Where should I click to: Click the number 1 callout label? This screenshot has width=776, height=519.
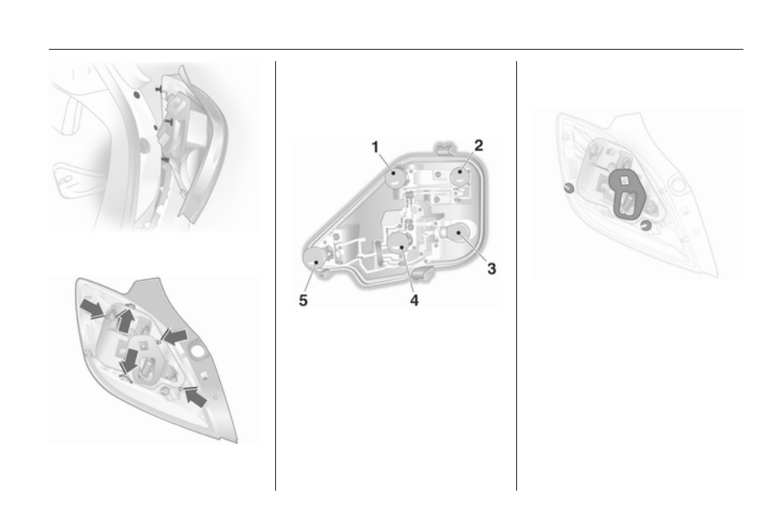pyautogui.click(x=375, y=147)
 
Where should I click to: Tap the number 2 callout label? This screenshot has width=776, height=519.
pyautogui.click(x=479, y=146)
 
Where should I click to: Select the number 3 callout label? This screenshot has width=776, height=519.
pyautogui.click(x=492, y=268)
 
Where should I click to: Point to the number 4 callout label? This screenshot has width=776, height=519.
pyautogui.click(x=414, y=300)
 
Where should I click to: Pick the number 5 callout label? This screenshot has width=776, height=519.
pyautogui.click(x=304, y=300)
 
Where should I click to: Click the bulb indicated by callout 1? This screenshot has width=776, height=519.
pyautogui.click(x=396, y=177)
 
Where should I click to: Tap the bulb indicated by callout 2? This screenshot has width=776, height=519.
pyautogui.click(x=460, y=176)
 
